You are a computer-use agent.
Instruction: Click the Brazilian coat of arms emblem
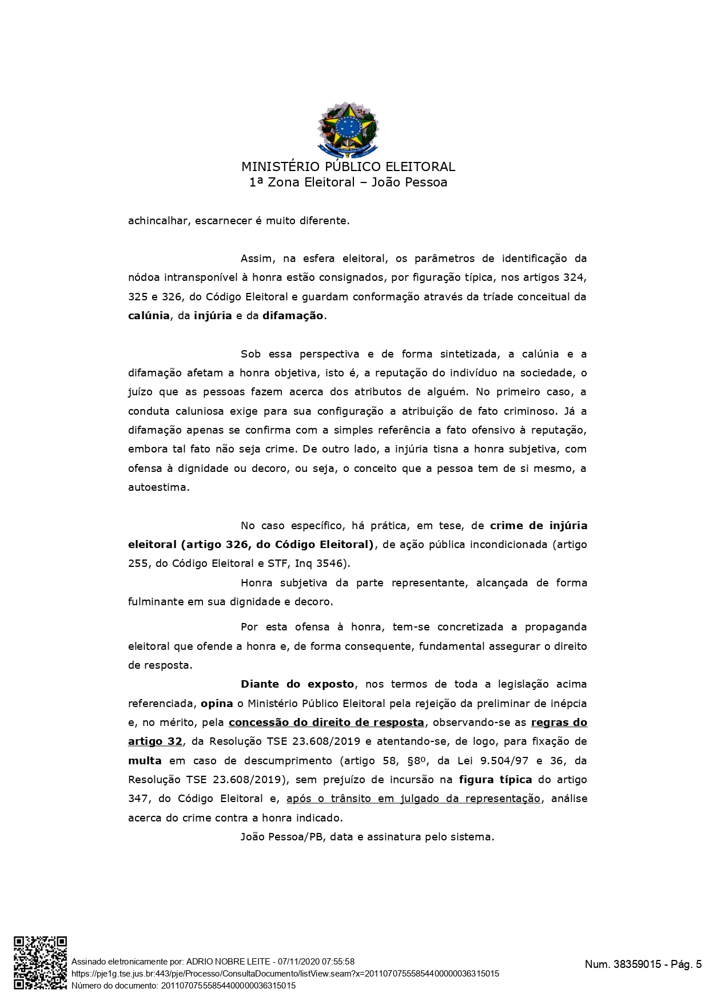[x=348, y=129]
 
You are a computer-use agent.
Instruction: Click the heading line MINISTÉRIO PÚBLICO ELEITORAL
[x=348, y=167]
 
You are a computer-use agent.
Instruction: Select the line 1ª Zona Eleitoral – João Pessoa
[x=348, y=182]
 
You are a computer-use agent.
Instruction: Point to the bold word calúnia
[x=149, y=316]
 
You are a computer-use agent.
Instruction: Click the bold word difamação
[x=293, y=316]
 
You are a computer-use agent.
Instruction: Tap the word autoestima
[x=158, y=487]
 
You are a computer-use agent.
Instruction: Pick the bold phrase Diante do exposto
[x=297, y=684]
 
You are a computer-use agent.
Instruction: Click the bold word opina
[x=217, y=703]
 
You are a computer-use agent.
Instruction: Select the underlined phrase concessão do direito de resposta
[x=326, y=723]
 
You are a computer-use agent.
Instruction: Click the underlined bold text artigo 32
[x=155, y=741]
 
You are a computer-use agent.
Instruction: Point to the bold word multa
[x=145, y=761]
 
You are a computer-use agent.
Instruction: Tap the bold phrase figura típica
[x=495, y=780]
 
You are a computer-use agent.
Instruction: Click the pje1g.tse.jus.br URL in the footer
[x=285, y=974]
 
